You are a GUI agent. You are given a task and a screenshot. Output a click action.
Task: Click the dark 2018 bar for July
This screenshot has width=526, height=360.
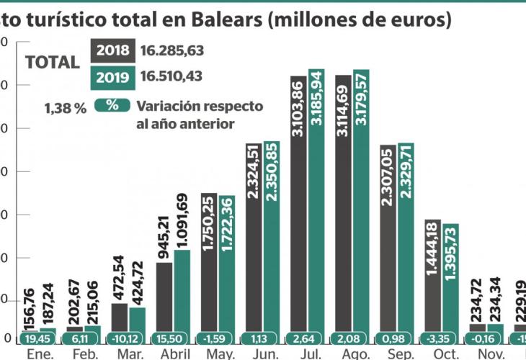pos(298,209)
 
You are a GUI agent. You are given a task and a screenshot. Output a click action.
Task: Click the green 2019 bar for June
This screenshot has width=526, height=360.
pos(272,241)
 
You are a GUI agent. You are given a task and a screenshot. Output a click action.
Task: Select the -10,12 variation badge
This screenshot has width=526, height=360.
pos(128,338)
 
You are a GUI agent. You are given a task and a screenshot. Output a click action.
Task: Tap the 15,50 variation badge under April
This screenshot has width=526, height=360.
pos(173,338)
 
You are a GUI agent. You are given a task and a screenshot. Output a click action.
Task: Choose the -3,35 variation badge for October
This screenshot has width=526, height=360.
pos(441,338)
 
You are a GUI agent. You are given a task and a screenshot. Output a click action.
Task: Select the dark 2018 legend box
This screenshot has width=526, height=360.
pos(112,50)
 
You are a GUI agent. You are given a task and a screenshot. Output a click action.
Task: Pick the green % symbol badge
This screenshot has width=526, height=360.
pos(112,104)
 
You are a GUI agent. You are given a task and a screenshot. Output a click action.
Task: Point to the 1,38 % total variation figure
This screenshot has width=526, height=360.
pos(65,108)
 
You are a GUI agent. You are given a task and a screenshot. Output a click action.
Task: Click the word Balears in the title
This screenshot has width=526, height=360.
pos(220,19)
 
